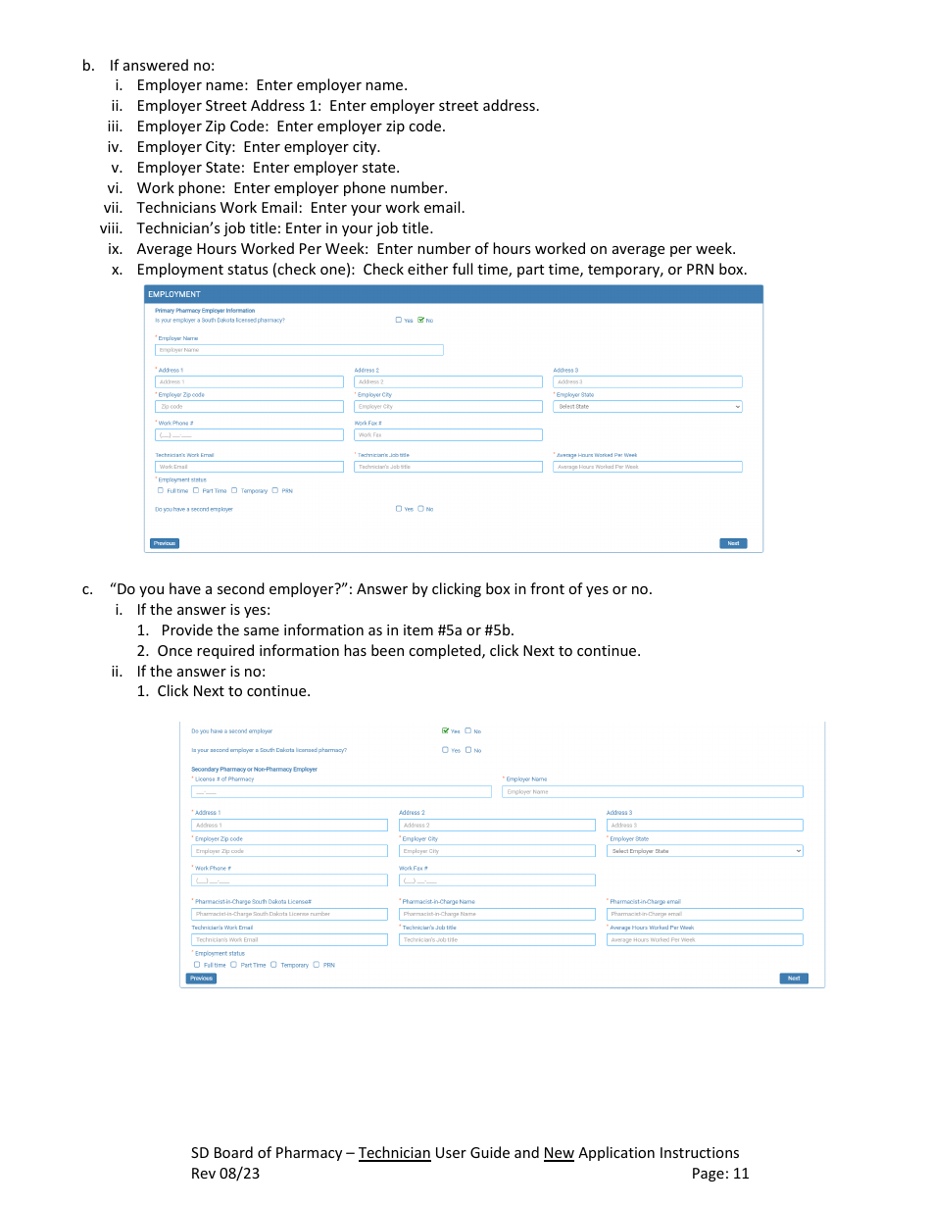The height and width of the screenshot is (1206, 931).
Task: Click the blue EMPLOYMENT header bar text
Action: point(174,294)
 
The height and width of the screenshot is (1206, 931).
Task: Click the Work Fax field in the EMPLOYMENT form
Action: point(448,435)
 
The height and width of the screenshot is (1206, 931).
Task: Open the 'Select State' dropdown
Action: point(647,407)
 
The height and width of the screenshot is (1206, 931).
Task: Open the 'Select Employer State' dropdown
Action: point(704,851)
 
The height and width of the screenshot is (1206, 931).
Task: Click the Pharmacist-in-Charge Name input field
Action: point(497,914)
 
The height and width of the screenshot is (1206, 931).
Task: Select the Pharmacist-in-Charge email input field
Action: point(704,914)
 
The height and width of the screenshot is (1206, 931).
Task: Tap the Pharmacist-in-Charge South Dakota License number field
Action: point(289,914)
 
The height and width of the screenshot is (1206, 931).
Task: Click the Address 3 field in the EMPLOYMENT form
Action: point(647,382)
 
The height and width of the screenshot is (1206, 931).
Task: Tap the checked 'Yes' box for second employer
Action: point(446,730)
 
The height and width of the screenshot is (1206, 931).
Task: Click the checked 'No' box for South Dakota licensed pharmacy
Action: point(420,320)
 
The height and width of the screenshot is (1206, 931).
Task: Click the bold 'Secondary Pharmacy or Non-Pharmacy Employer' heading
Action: point(254,770)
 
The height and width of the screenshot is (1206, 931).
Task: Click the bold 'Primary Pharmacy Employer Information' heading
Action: point(205,311)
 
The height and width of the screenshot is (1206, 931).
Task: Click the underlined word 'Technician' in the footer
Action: point(394,1153)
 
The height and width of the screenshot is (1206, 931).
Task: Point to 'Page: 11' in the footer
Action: point(719,1174)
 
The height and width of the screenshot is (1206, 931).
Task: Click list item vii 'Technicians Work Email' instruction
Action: point(300,208)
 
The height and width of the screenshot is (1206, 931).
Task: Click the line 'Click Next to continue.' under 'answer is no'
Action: point(233,691)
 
